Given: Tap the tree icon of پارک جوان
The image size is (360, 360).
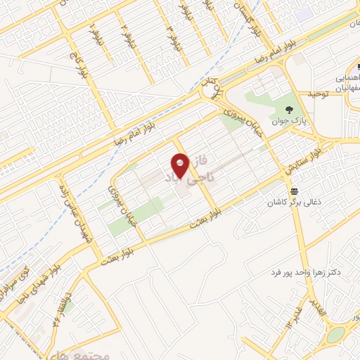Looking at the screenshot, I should pyautogui.click(x=290, y=108).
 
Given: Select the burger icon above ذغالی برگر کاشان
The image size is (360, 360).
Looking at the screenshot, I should pyautogui.click(x=293, y=191).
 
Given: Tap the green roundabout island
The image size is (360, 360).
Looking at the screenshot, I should pyautogui.click(x=337, y=334).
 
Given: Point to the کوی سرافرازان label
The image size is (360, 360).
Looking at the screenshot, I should pyautogui.click(x=17, y=280).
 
